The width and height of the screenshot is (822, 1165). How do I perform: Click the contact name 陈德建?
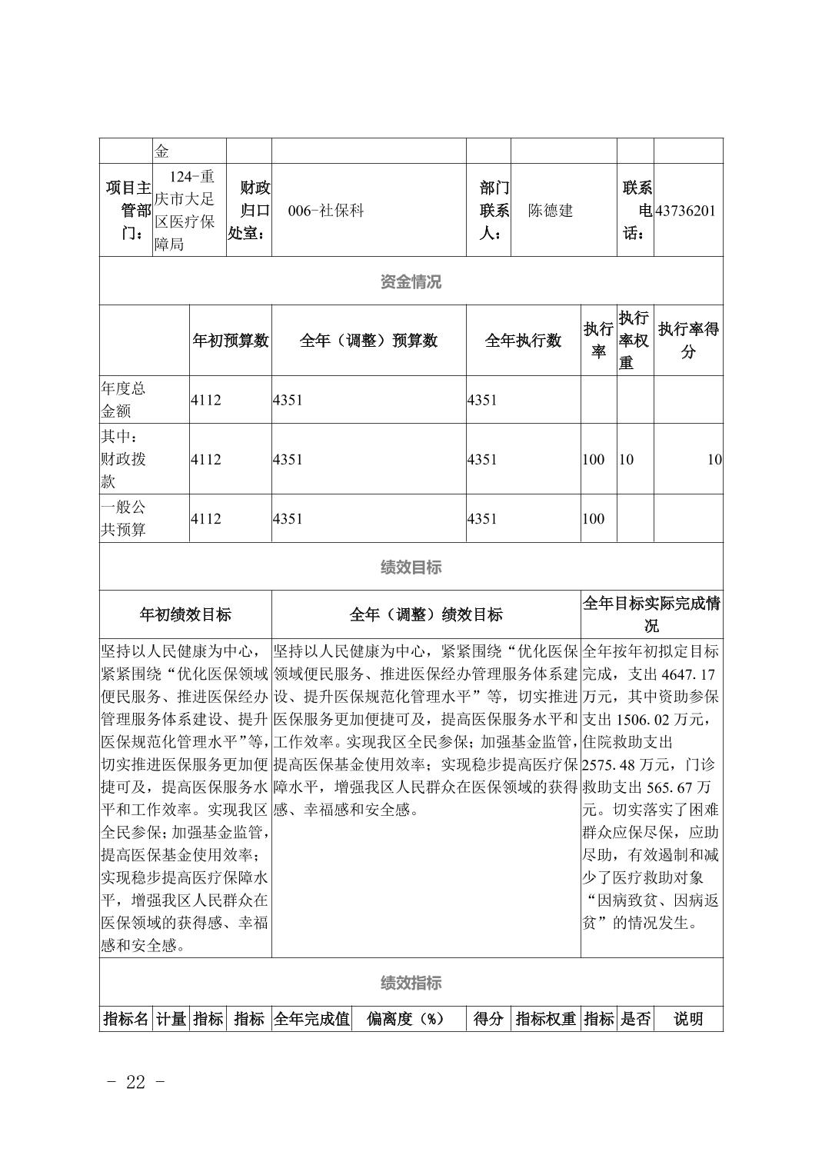click(550, 211)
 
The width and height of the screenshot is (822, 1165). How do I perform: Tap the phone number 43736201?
click(685, 211)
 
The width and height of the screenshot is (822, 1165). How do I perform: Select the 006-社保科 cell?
click(326, 211)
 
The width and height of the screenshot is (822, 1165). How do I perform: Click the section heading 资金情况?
click(411, 281)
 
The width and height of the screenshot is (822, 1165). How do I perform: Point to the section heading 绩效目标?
click(411, 568)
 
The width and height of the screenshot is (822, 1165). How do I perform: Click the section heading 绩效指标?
click(411, 983)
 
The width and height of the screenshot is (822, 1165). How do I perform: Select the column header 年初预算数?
click(230, 341)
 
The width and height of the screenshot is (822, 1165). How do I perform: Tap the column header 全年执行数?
click(523, 341)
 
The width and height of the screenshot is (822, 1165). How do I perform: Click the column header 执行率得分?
click(688, 341)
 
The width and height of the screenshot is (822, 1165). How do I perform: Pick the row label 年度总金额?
click(123, 399)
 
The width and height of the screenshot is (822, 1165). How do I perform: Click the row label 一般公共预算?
click(123, 518)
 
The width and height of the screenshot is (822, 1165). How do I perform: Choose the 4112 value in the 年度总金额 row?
click(206, 400)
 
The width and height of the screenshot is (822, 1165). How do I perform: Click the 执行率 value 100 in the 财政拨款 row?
click(593, 460)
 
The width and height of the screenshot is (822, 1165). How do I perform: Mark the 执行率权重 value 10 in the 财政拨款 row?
click(626, 460)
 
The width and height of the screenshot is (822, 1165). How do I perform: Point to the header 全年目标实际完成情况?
click(651, 614)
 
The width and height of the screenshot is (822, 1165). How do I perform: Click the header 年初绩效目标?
click(185, 614)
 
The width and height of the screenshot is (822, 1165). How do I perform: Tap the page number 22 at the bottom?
click(135, 1082)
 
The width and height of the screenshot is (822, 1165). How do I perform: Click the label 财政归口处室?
click(248, 210)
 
